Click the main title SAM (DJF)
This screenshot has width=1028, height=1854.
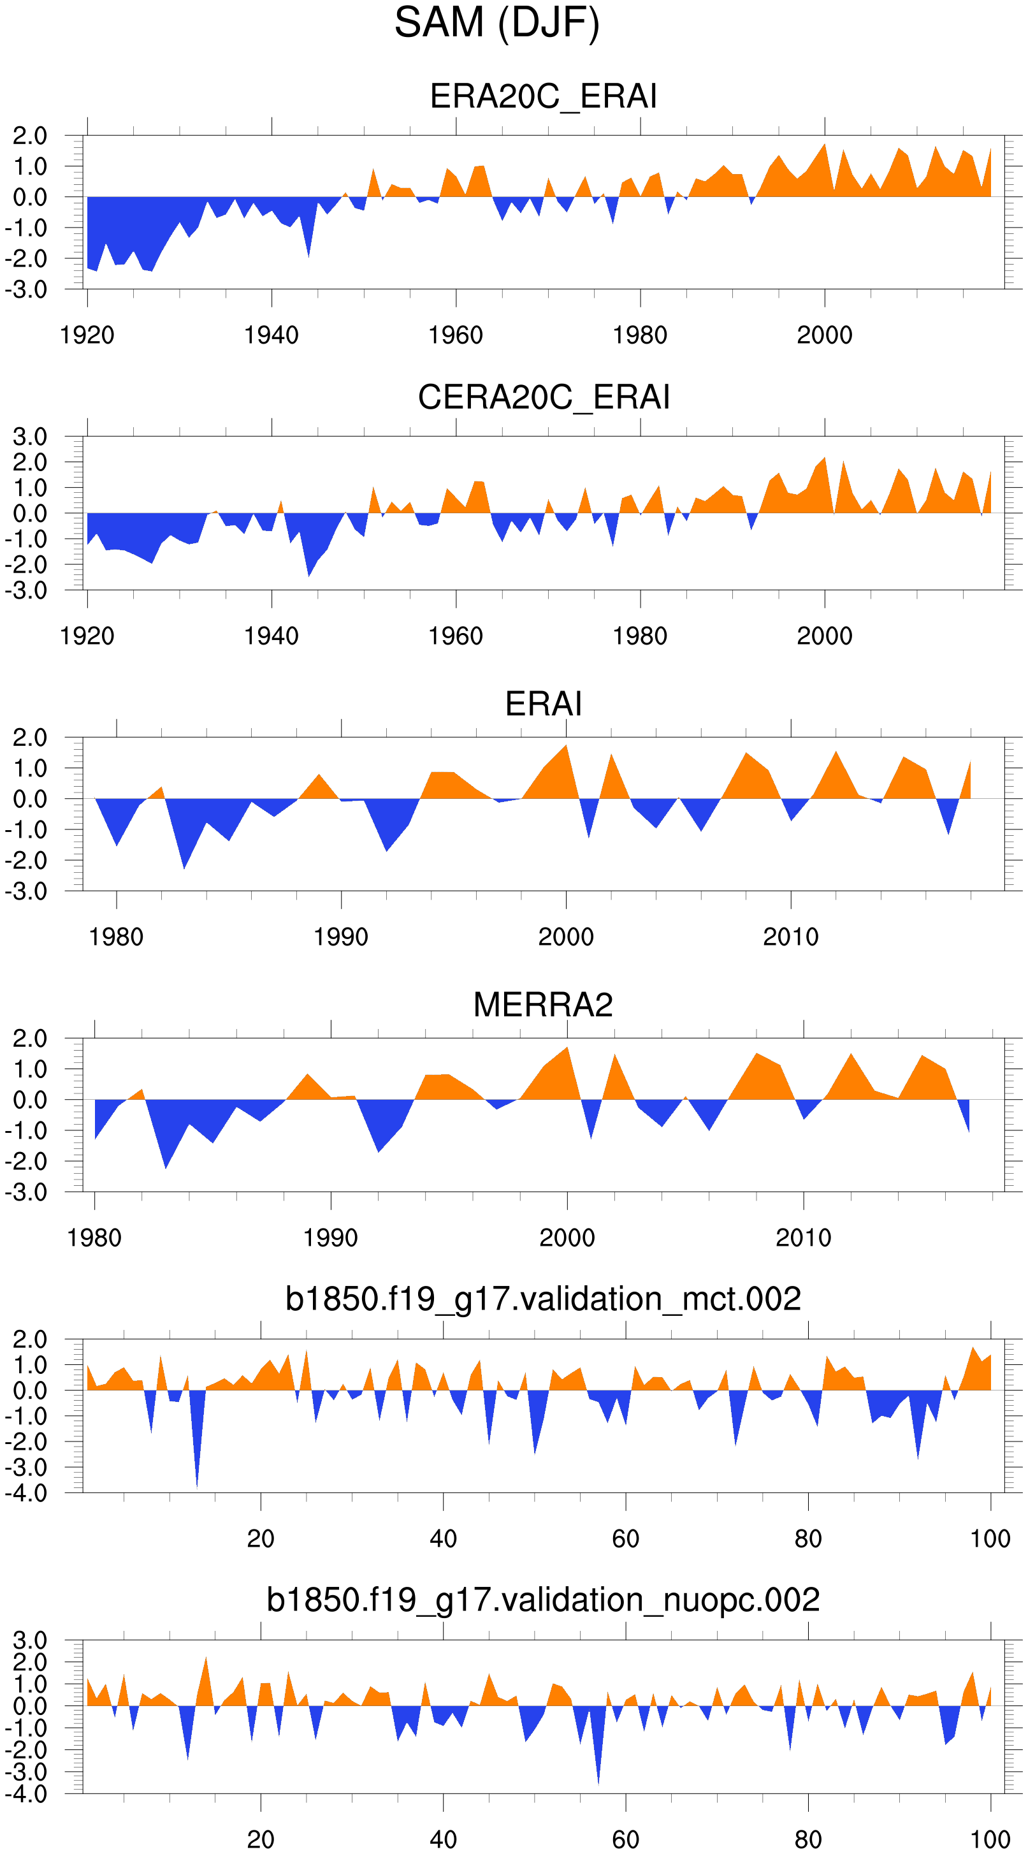click(x=496, y=23)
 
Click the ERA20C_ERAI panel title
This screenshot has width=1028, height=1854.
click(x=543, y=96)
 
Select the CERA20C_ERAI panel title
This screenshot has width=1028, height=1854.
click(x=543, y=397)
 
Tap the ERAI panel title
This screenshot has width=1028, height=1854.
click(x=543, y=704)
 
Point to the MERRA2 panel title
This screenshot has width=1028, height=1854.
click(x=543, y=1005)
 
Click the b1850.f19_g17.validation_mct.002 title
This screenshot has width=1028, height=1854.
click(x=543, y=1299)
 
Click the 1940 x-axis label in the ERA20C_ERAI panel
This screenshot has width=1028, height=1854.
click(x=271, y=335)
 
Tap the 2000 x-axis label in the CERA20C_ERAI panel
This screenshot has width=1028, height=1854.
click(x=825, y=636)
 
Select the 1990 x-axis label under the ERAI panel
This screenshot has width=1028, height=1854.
click(x=341, y=937)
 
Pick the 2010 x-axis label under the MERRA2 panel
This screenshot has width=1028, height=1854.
click(x=804, y=1238)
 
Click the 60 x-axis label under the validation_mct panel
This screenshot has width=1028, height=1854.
click(x=625, y=1539)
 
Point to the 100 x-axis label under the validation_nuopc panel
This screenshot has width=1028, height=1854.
click(x=990, y=1839)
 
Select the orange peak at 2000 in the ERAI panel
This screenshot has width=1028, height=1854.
click(x=566, y=747)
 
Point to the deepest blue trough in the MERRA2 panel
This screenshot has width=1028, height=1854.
click(x=166, y=1166)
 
